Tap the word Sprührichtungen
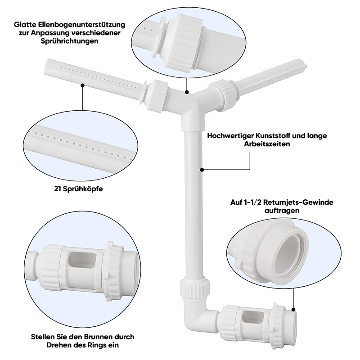70,41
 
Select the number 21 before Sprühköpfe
58,189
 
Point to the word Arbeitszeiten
267,144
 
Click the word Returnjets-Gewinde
298,202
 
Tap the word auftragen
282,211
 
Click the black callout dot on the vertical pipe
202,170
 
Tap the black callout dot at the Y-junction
187,92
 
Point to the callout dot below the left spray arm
83,85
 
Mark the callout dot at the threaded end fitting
294,310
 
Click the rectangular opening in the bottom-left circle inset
79,261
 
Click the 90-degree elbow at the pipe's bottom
197,316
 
